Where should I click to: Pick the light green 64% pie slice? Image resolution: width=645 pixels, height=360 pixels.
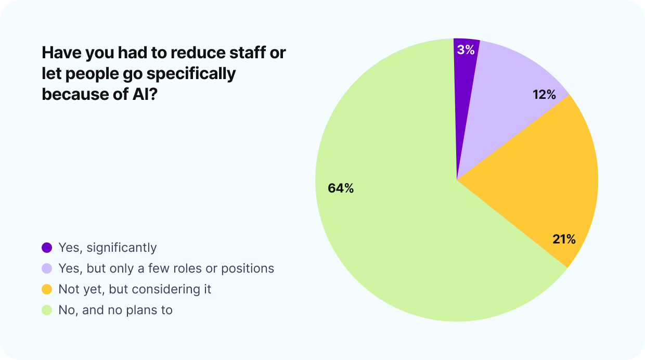[395, 234]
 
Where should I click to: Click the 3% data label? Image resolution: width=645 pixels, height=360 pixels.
[466, 50]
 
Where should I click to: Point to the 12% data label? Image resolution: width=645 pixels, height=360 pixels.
[544, 95]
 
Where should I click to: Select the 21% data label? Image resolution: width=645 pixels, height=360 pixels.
[564, 239]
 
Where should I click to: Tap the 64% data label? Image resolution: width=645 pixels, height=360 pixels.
[341, 189]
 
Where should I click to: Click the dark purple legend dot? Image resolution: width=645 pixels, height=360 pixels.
[47, 248]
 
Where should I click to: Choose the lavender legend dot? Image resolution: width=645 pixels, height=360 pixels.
[47, 268]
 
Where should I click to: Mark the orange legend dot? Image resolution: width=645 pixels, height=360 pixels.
[47, 289]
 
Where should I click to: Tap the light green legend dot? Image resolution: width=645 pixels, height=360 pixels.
[47, 311]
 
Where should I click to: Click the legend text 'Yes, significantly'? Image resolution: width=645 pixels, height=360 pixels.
[107, 248]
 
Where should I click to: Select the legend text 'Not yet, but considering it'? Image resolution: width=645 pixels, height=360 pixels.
[135, 289]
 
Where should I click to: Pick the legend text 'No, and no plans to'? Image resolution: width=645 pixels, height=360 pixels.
[115, 311]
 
